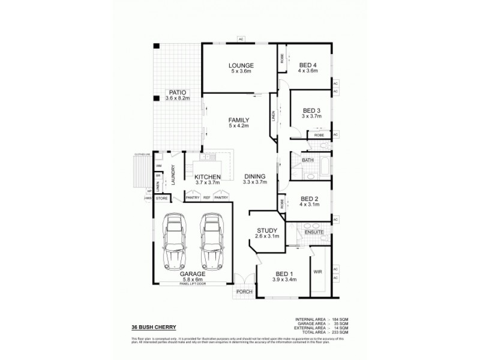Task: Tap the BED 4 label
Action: (307, 65)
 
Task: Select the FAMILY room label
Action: (238, 120)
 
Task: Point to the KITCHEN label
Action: (208, 176)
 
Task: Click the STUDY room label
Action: (266, 230)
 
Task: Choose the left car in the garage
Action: (175, 240)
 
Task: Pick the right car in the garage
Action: (211, 240)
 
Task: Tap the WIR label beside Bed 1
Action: (317, 271)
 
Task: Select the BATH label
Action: (308, 160)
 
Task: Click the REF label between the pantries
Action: (206, 197)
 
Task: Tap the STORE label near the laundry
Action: (161, 197)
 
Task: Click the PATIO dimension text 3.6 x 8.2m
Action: (178, 98)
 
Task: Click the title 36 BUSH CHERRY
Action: (154, 327)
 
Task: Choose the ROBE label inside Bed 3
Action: (319, 136)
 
